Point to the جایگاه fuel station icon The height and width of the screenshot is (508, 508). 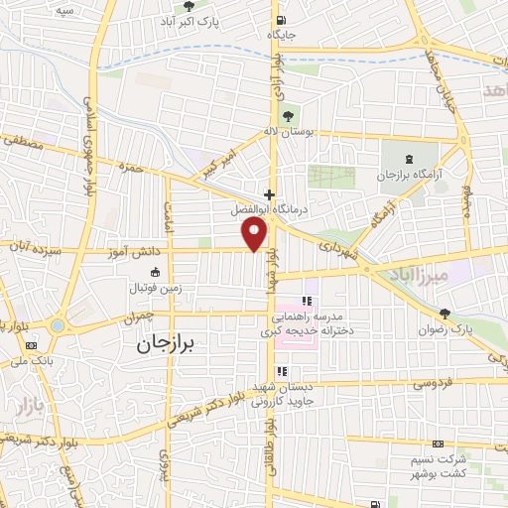[x=281, y=20]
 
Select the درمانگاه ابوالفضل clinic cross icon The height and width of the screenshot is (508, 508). [x=269, y=194]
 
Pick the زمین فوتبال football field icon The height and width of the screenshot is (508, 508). [x=154, y=273]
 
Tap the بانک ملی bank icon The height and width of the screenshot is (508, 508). [x=32, y=344]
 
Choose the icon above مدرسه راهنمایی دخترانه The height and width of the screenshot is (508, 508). [x=307, y=300]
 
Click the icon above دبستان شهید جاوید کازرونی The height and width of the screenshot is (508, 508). [x=283, y=371]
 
